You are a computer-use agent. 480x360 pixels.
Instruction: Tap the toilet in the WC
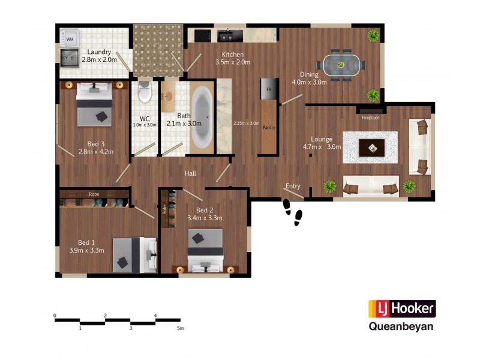(144, 93)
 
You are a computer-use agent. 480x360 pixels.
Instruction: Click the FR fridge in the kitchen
(269, 89)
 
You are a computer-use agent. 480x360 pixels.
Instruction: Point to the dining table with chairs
(341, 64)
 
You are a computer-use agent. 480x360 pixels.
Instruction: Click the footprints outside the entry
(293, 210)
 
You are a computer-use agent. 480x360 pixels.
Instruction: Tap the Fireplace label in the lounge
(370, 118)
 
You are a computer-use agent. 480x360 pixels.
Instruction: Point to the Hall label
(191, 173)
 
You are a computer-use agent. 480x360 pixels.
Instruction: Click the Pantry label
(268, 128)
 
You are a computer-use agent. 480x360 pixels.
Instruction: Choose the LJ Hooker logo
(401, 309)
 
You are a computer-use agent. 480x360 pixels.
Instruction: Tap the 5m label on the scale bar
(180, 329)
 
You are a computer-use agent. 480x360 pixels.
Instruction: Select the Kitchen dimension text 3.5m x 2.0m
(233, 62)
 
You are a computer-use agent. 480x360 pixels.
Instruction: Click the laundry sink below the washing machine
(70, 57)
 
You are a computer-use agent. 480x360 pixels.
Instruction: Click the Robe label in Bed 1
(94, 194)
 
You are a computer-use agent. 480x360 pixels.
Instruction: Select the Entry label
(293, 186)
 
